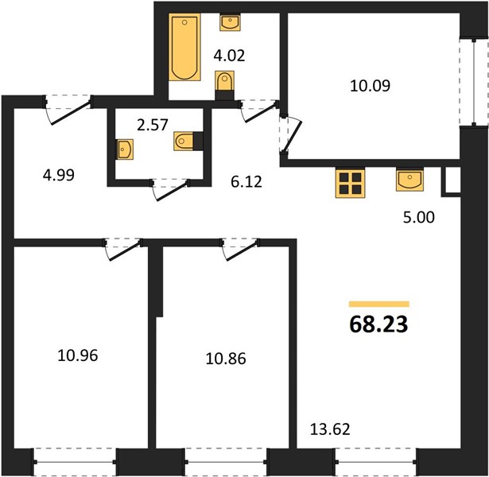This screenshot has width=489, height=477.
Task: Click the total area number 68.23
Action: tap(378, 324)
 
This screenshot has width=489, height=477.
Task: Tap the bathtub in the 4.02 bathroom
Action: tap(184, 47)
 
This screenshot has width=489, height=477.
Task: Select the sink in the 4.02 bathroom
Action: tap(230, 22)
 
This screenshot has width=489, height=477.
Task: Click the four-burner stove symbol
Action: tap(350, 183)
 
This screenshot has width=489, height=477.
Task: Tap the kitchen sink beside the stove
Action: tap(409, 179)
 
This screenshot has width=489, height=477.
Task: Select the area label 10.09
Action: tap(370, 86)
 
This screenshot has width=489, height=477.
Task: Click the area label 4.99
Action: tap(59, 175)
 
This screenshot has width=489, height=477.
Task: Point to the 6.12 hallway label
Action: tap(246, 182)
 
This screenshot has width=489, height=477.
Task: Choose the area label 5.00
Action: tap(418, 217)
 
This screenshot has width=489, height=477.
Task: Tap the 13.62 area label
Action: tap(330, 429)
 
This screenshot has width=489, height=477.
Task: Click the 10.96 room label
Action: tap(78, 355)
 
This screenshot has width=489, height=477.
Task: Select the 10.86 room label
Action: tap(226, 359)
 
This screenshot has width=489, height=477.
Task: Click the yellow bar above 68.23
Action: tap(379, 304)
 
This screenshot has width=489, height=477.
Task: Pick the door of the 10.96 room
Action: tap(123, 249)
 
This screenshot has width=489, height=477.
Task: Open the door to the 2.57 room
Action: tap(170, 189)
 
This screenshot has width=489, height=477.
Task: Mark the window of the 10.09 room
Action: tap(474, 82)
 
